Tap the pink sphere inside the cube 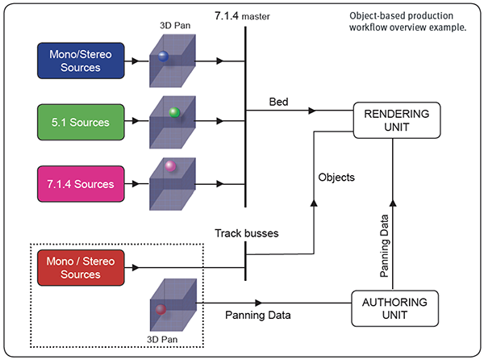(x=170, y=167)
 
